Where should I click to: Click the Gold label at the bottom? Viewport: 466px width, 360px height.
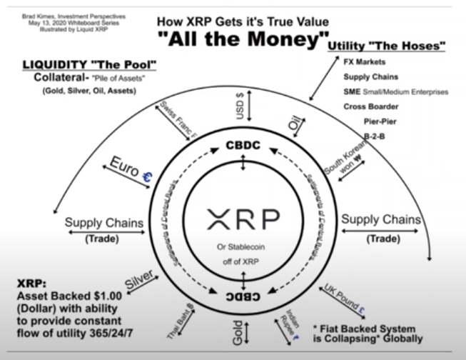(x=238, y=334)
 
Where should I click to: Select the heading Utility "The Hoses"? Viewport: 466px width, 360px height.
(x=387, y=47)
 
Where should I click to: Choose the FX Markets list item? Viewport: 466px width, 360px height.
(x=365, y=62)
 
